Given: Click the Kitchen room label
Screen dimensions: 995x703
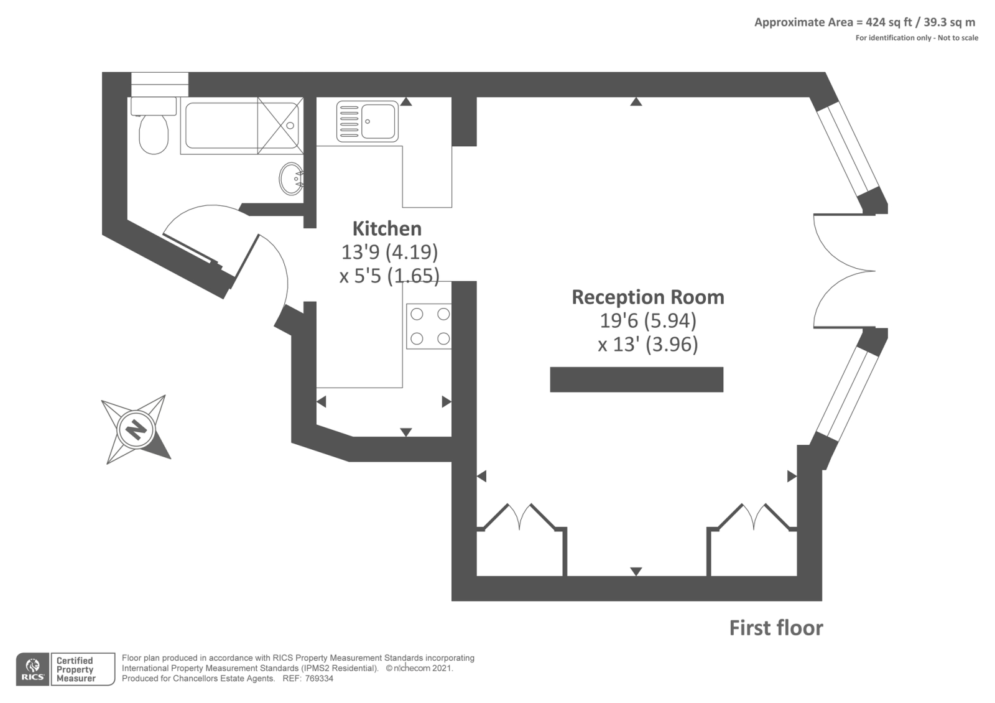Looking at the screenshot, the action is click(x=387, y=229).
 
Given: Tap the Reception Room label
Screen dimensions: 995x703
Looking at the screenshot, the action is click(x=648, y=297).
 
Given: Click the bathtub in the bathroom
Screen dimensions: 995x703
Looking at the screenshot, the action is click(x=221, y=125).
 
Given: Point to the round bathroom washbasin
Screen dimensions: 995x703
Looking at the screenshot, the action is click(x=291, y=179).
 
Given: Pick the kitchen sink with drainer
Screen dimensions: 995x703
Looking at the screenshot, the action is click(x=367, y=121).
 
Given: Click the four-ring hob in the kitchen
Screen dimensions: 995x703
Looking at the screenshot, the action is click(x=429, y=326).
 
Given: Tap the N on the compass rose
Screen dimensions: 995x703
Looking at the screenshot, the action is click(x=136, y=429).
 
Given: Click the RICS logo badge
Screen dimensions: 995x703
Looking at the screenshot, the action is click(x=32, y=669).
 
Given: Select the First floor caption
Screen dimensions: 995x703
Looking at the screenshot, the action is click(x=775, y=628).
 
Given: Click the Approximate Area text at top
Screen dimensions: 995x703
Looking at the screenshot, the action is click(x=864, y=22).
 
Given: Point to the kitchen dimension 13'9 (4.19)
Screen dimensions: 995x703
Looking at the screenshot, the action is click(x=389, y=252).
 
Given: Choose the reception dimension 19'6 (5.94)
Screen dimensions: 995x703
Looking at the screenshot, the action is click(x=648, y=321).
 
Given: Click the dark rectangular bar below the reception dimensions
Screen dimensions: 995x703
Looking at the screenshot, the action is click(x=636, y=379).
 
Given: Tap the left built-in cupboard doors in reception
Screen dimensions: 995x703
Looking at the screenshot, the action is click(x=520, y=516).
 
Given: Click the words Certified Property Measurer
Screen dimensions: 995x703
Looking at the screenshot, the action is click(x=75, y=669).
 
